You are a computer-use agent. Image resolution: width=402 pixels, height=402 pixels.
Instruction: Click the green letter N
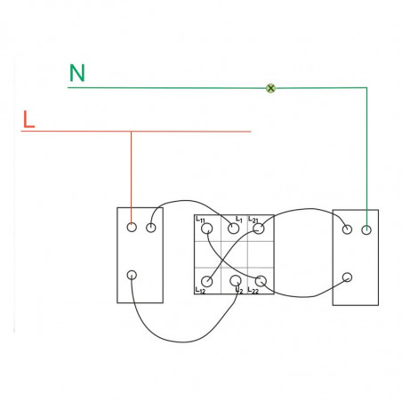(x=77, y=73)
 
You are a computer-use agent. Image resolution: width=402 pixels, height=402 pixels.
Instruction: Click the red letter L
(x=28, y=119)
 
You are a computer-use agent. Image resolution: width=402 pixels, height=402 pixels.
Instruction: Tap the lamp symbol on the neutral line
(x=270, y=88)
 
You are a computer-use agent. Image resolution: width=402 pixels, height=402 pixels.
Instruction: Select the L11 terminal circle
(x=207, y=229)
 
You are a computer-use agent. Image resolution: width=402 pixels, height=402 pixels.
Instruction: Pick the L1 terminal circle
(x=234, y=229)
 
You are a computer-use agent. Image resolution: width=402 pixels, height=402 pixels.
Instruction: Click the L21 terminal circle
(x=259, y=229)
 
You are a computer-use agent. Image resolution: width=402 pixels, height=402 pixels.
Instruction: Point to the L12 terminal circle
(x=207, y=281)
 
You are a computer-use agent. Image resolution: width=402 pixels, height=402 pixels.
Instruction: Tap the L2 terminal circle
(x=236, y=280)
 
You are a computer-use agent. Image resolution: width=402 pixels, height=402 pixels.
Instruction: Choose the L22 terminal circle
(x=261, y=281)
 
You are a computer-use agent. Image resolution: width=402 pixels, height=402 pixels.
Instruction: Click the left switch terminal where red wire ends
(x=132, y=228)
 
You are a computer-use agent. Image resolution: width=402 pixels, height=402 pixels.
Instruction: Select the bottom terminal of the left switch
(x=132, y=275)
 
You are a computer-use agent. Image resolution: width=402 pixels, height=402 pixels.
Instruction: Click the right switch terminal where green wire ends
(x=366, y=229)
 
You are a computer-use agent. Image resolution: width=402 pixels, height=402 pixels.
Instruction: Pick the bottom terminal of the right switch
(x=347, y=277)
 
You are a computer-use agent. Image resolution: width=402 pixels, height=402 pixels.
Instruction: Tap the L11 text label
(x=200, y=220)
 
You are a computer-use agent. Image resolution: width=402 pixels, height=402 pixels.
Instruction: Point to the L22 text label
(x=253, y=291)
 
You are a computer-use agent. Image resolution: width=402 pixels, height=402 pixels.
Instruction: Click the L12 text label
(x=200, y=291)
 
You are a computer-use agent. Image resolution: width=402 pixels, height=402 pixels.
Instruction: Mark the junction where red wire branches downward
(x=131, y=132)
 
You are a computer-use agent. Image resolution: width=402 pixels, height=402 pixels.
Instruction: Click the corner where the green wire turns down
(x=366, y=88)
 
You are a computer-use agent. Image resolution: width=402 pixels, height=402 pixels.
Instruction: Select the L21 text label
(x=253, y=220)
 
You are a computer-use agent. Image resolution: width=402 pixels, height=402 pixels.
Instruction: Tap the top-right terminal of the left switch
(x=151, y=228)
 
